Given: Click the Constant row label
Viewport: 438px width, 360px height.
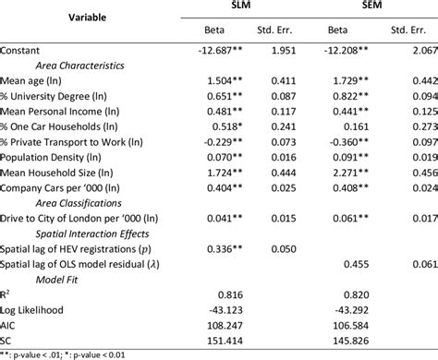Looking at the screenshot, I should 27,50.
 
